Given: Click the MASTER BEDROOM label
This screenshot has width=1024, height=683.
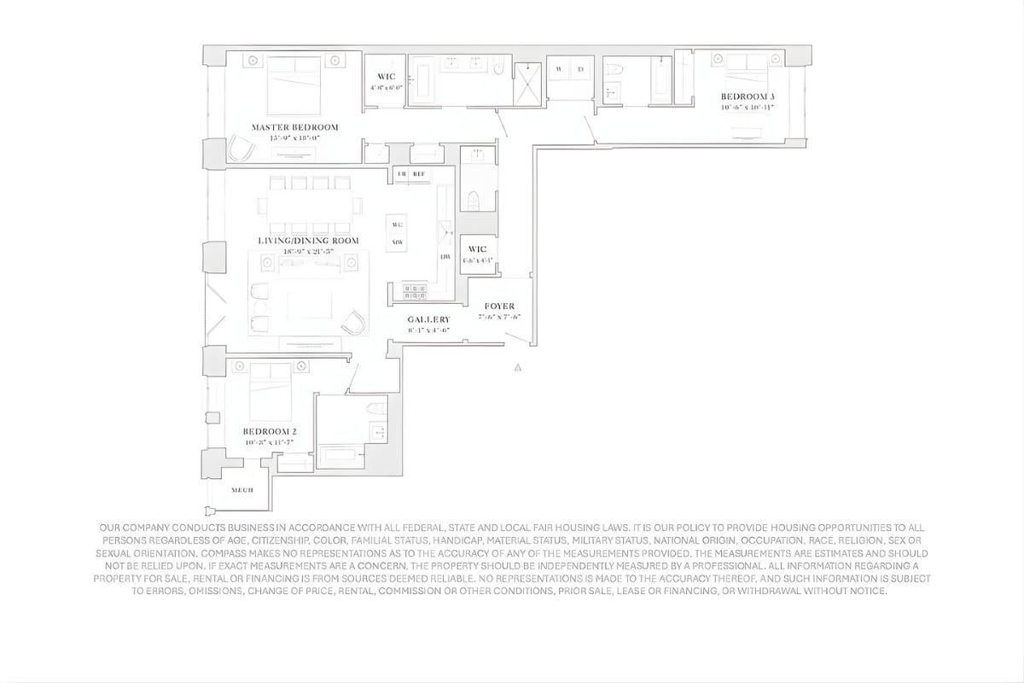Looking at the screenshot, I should tap(295, 127).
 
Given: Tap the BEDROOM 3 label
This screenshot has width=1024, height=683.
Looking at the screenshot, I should tap(747, 96).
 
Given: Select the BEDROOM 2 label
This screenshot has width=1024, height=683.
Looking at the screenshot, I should tap(269, 432).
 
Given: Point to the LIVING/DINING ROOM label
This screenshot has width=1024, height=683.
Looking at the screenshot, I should tap(308, 241).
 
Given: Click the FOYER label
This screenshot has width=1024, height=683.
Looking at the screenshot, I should tap(499, 306).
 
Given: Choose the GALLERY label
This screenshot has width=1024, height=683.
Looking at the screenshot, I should tap(428, 319).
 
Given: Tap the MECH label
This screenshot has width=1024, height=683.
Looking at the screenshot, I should tap(242, 490).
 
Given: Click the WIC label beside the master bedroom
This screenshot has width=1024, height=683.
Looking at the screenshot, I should tap(386, 77).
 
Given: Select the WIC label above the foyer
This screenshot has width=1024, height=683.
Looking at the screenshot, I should tap(476, 249).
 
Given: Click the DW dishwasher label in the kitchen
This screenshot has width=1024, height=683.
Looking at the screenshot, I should tap(445, 257).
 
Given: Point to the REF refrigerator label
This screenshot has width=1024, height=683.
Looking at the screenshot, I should tap(419, 174).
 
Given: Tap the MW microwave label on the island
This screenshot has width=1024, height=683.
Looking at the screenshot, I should tap(397, 242).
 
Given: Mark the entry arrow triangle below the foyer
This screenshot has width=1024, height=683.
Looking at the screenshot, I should tap(517, 368).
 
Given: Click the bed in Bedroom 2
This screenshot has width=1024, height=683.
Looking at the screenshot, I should tap(270, 391).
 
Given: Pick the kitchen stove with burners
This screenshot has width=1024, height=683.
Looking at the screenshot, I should tap(415, 292).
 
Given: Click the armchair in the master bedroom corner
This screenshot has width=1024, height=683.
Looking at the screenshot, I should tap(241, 150).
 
